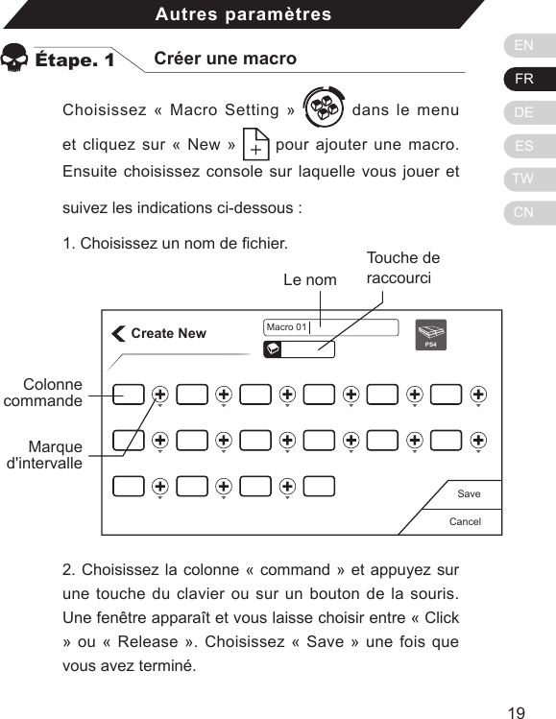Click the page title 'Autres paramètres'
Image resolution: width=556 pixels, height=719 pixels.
[243, 14]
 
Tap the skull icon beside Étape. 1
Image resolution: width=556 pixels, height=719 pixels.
[15, 59]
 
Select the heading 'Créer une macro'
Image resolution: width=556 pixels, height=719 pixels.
[226, 59]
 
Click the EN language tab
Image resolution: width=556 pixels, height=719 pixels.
[524, 45]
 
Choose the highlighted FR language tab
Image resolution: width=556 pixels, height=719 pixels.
[524, 79]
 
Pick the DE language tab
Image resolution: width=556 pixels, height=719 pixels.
[524, 112]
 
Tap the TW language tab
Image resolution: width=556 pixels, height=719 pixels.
[524, 180]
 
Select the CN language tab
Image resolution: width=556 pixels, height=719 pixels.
[524, 212]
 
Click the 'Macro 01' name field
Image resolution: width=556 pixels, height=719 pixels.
[330, 327]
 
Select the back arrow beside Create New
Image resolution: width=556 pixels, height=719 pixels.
[118, 333]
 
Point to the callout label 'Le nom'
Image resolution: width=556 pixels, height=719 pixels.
[310, 280]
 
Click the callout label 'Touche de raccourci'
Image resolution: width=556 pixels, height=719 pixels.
[402, 268]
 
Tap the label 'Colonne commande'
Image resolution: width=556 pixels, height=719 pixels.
[43, 393]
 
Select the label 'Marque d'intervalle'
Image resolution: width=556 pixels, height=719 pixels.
[45, 455]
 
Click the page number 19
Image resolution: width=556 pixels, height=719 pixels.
[517, 712]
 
